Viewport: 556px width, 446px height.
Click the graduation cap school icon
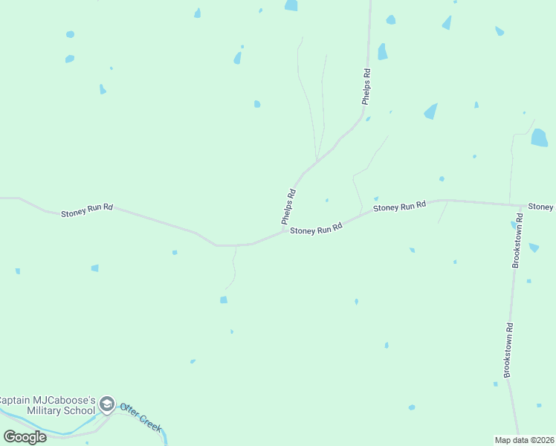[x=106, y=404]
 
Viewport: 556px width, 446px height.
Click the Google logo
[x=25, y=436]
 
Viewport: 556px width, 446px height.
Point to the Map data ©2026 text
[x=524, y=440]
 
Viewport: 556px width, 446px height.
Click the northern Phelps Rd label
[x=366, y=87]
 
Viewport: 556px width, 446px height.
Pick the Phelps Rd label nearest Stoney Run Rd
[x=289, y=207]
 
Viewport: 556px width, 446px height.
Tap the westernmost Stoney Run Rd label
[x=87, y=210]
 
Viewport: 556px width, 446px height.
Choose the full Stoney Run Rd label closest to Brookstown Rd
[x=400, y=206]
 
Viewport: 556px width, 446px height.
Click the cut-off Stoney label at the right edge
[x=541, y=206]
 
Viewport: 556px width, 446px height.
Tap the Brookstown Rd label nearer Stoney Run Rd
[x=518, y=241]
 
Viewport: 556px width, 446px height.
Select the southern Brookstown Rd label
[x=509, y=349]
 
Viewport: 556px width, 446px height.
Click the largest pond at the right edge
[x=540, y=138]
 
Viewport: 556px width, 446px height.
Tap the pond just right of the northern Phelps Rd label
[x=382, y=52]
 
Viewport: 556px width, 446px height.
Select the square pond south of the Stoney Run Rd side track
[x=224, y=300]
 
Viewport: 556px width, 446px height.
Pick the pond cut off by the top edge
[x=291, y=5]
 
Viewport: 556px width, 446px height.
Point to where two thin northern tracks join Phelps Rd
[x=317, y=161]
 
